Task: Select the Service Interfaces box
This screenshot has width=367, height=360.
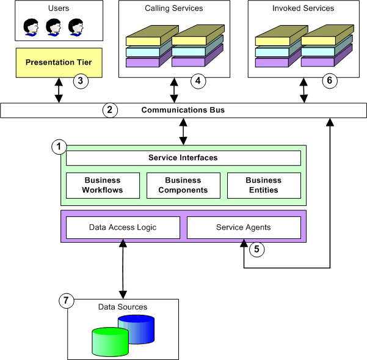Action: coord(183,158)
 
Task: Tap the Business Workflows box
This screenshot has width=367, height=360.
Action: coord(103,185)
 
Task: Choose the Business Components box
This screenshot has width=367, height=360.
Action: coord(183,185)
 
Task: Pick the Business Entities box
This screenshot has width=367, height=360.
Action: coord(264,185)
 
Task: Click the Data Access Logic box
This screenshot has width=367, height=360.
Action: coord(123,227)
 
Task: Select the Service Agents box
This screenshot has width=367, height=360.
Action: coord(244,227)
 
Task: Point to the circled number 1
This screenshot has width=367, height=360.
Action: coord(59,147)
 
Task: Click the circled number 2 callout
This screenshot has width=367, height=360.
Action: coord(109,111)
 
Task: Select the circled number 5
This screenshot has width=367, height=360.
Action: coord(257,249)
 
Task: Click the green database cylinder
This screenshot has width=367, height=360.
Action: coord(110,342)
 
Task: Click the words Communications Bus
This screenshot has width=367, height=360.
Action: coord(183,111)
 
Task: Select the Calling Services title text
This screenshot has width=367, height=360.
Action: coord(174,9)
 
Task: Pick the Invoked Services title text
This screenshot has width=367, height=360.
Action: coord(303,9)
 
